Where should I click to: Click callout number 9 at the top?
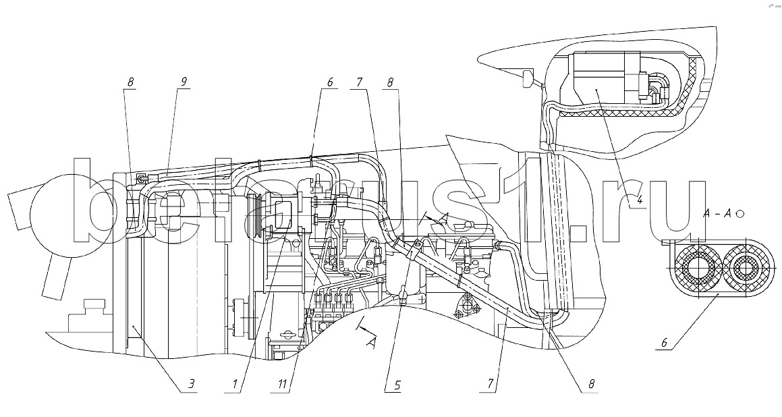183,82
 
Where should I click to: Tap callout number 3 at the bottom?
192,385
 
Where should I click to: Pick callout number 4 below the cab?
639,200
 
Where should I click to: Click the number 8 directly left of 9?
131,82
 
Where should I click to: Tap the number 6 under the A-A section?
664,343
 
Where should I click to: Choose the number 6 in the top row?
330,82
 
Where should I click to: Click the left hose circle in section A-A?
694,269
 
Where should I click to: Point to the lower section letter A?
370,341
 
